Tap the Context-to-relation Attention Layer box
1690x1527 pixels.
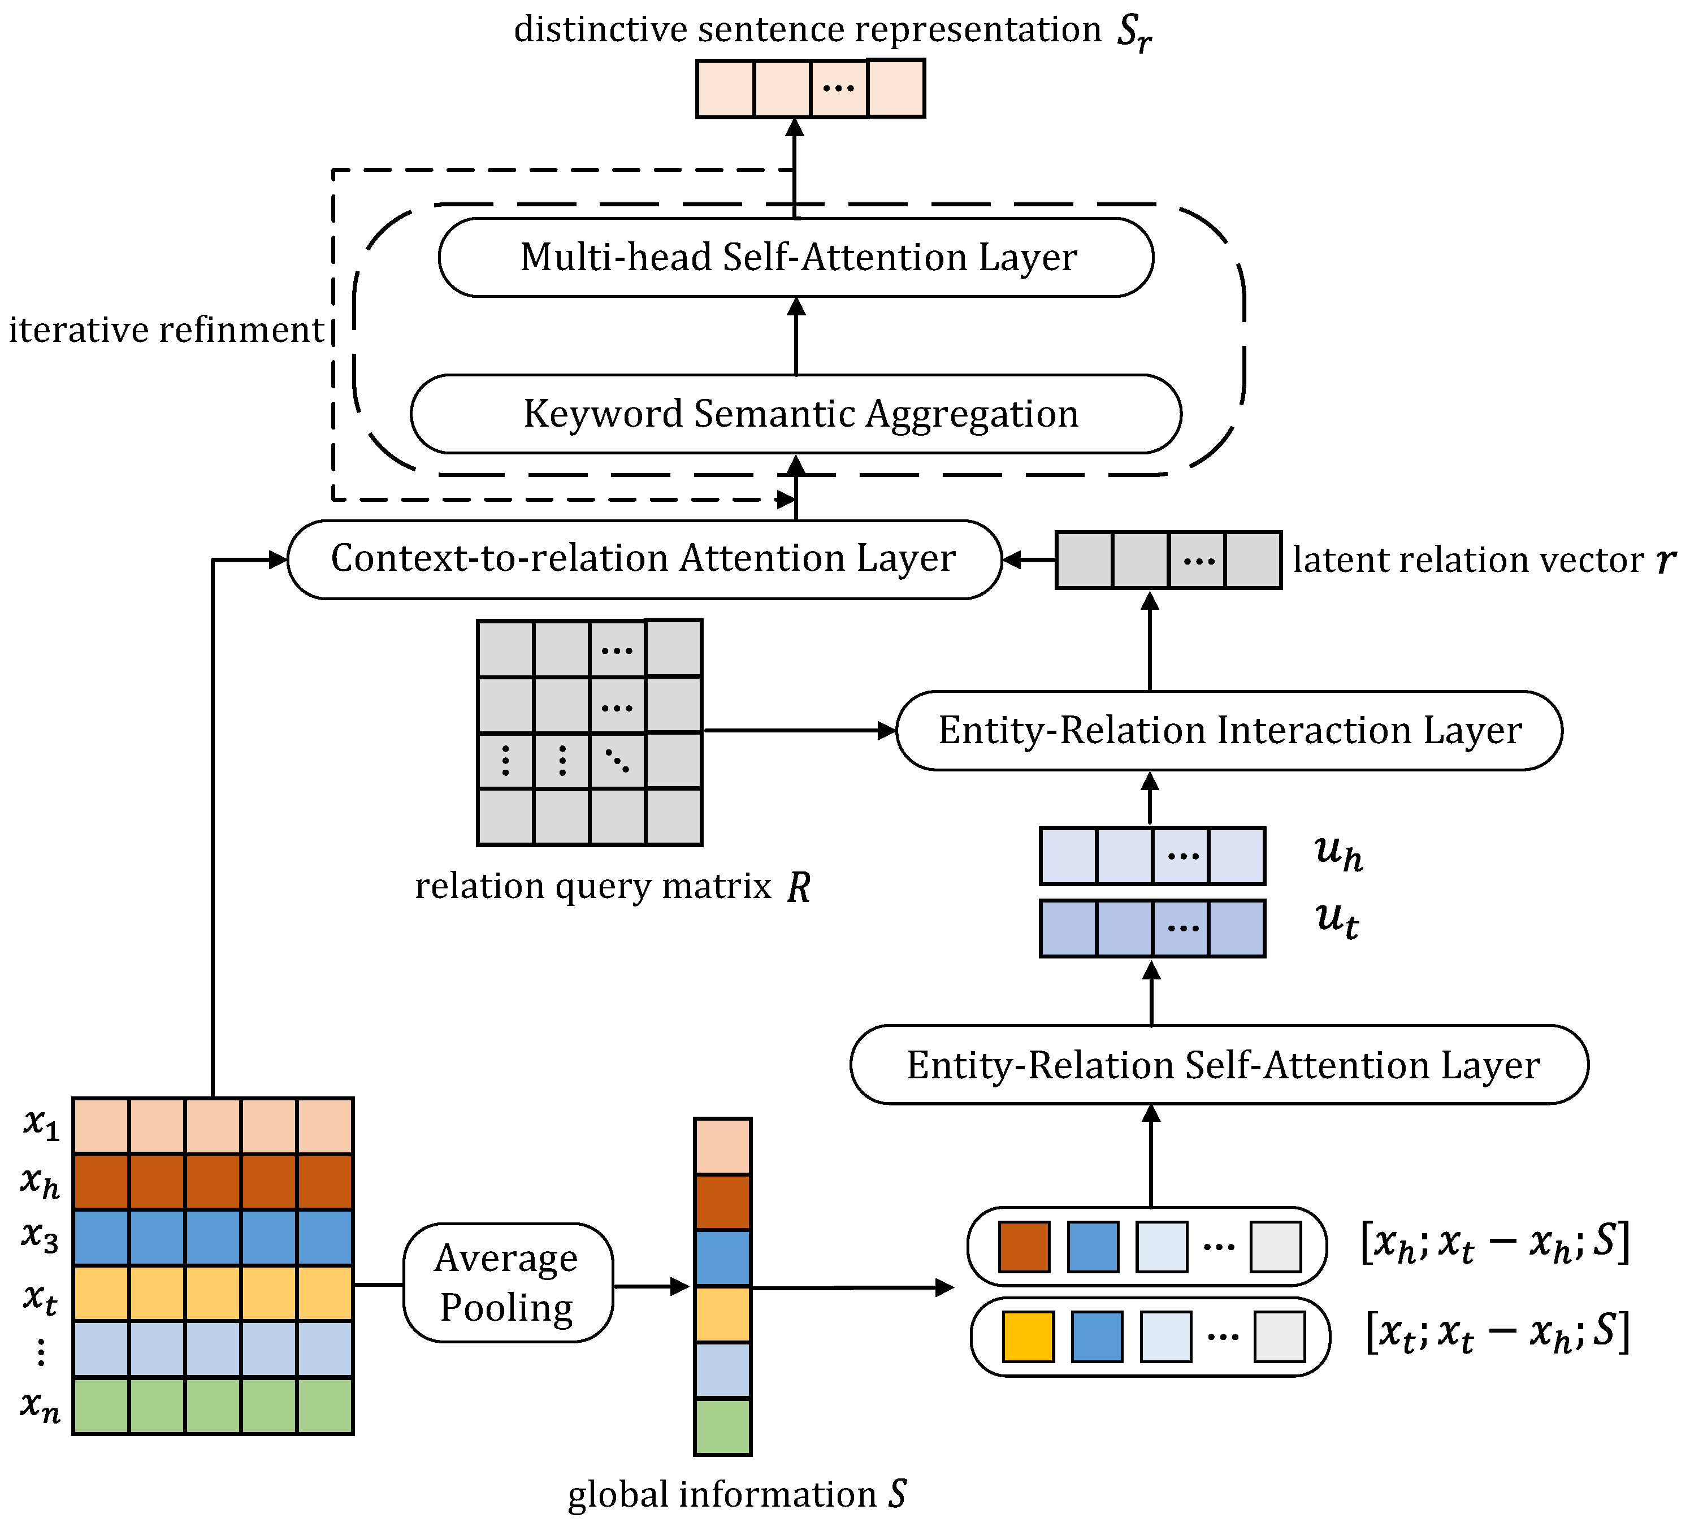[x=644, y=559]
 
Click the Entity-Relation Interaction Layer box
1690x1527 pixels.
[x=1229, y=730]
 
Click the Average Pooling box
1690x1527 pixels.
[x=507, y=1282]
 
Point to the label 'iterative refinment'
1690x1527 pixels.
[x=166, y=330]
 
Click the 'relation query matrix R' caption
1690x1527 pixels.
[x=612, y=887]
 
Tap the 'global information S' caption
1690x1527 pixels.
[x=736, y=1494]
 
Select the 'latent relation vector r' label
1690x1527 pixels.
[x=1484, y=560]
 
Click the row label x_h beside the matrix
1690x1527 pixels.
[x=40, y=1182]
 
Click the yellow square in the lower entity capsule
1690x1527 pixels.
[x=1028, y=1337]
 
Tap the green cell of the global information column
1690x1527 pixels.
[x=722, y=1426]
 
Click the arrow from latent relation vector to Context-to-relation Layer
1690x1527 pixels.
[x=1028, y=560]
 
